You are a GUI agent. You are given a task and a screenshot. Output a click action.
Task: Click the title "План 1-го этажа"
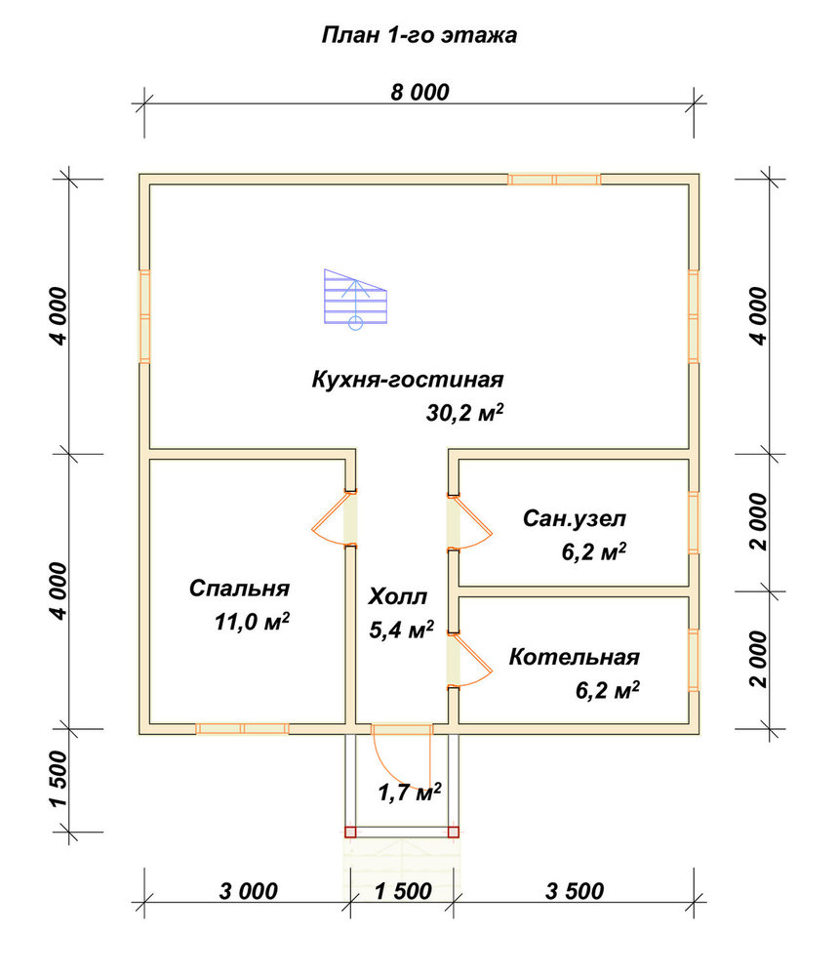419,35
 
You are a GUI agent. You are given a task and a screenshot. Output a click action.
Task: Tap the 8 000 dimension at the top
419,92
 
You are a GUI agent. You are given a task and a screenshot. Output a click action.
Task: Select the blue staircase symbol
355,299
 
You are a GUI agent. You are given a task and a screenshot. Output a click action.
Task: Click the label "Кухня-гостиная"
408,379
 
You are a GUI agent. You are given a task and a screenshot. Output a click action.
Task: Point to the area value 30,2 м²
464,412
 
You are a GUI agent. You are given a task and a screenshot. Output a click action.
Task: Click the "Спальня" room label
240,589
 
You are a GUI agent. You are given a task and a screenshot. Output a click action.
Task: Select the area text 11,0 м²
252,621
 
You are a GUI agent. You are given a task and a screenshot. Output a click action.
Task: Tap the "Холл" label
397,596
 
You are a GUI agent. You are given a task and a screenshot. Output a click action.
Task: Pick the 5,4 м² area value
401,630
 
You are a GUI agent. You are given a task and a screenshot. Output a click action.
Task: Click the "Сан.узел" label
575,518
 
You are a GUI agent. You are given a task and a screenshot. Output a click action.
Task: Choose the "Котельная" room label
575,657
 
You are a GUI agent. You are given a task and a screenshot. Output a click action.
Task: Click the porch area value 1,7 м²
410,792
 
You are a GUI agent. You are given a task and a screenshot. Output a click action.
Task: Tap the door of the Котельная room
469,661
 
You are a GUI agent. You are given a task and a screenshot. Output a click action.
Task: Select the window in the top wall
554,180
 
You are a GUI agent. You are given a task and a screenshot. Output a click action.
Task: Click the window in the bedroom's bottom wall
243,729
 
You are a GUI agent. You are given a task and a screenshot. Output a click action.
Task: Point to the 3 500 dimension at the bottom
575,891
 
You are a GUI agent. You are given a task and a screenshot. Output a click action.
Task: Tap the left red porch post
350,833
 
